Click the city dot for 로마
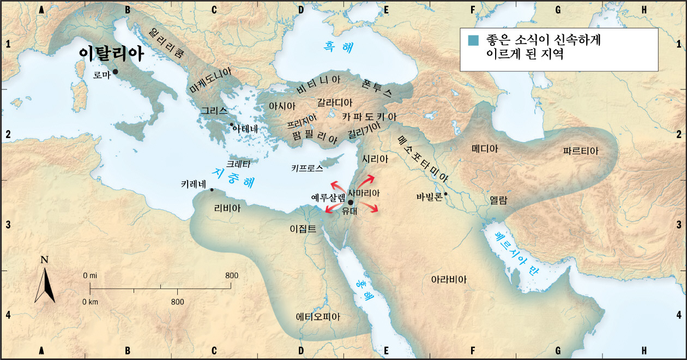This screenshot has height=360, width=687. coord(115,72)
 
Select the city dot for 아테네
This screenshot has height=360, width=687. coord(232,125)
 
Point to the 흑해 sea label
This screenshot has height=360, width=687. coord(336,47)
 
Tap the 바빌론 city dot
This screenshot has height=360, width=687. coord(445,194)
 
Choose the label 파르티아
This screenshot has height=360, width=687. coord(581,151)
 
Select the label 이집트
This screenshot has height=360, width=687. coord(303,229)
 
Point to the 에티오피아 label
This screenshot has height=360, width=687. coord(317,316)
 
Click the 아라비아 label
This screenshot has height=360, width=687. coord(449,279)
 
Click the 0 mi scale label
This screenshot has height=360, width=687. coord(90,275)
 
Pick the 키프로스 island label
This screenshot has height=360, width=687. coord(307,169)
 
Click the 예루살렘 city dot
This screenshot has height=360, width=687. coord(350,202)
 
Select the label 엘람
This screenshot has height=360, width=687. coord(499,200)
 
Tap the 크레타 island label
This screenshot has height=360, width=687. coord(238,163)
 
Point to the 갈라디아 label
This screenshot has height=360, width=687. coord(335,103)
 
